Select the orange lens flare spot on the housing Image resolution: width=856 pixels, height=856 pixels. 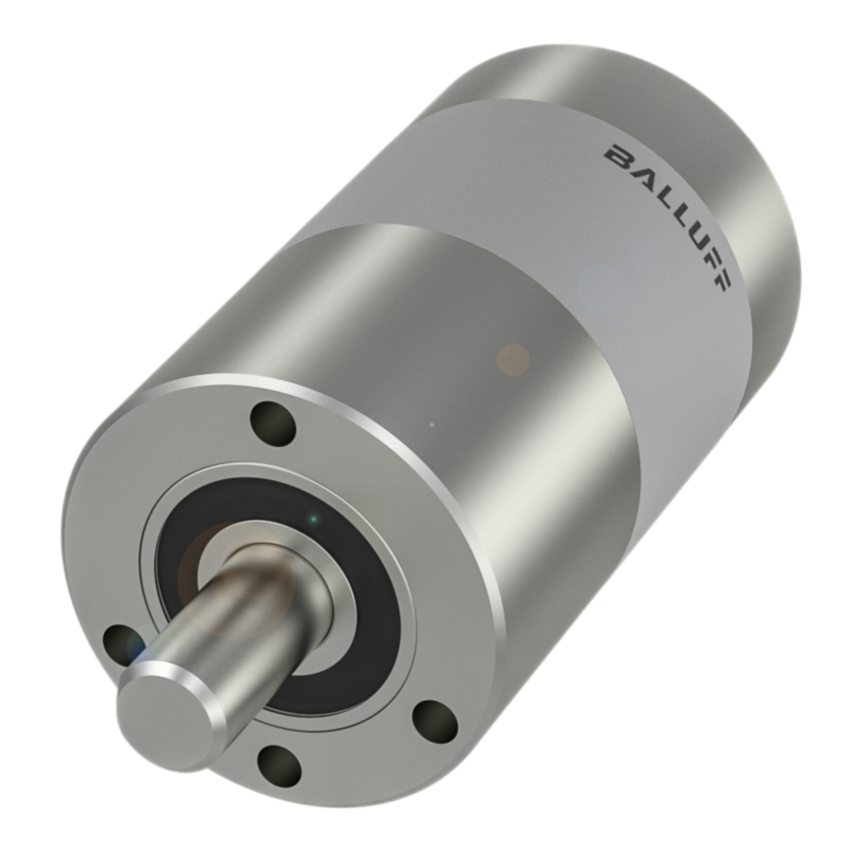[x=513, y=359]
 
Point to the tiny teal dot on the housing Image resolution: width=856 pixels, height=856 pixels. [x=431, y=424]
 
